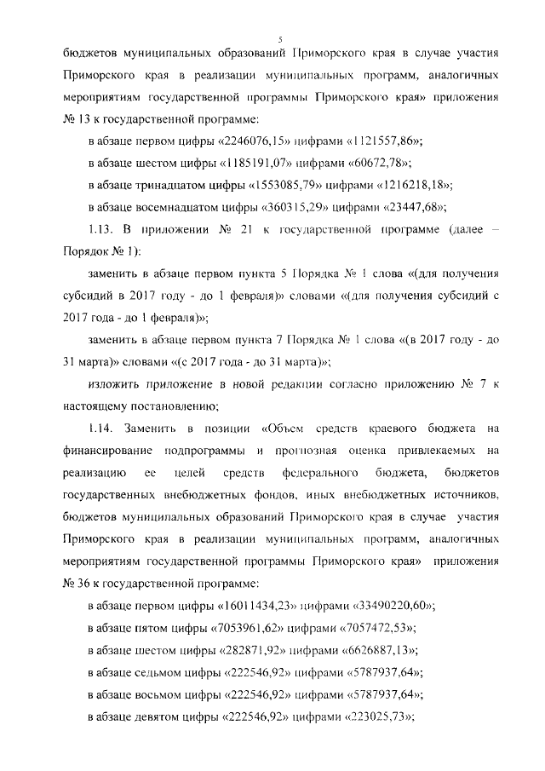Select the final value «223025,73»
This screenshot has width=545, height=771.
pos(375,717)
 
